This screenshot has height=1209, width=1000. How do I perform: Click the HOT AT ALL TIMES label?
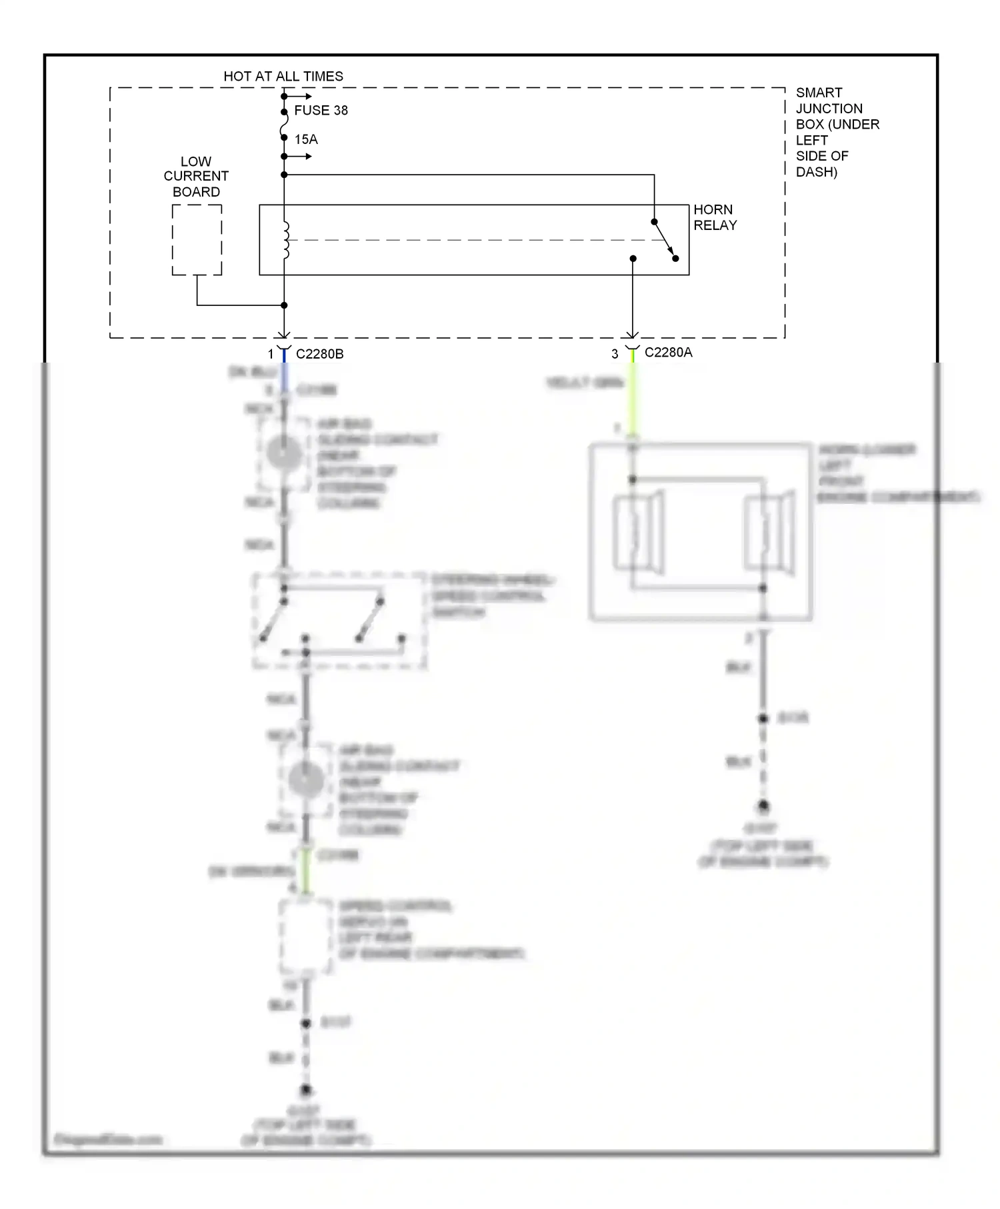[283, 77]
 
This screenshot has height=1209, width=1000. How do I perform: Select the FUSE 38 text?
[321, 111]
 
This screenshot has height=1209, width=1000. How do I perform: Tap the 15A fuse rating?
[306, 139]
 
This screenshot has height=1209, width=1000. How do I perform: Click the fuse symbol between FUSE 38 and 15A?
[284, 125]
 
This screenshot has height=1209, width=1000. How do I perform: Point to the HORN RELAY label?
[715, 218]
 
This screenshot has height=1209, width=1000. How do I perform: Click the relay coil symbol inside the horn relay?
[286, 240]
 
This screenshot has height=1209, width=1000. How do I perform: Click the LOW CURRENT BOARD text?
[196, 177]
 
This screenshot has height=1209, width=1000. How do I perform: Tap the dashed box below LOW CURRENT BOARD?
[197, 240]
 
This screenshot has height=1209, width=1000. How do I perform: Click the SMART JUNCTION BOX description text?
[837, 132]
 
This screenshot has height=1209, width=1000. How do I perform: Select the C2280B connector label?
[319, 355]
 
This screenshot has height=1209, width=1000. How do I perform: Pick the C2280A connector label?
[668, 353]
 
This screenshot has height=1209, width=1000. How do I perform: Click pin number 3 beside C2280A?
[615, 355]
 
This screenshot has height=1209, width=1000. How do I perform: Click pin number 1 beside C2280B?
[271, 355]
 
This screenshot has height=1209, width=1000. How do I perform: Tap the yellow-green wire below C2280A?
[632, 400]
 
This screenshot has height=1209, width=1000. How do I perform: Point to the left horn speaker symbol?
[639, 533]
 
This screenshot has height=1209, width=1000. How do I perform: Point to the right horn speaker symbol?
[770, 533]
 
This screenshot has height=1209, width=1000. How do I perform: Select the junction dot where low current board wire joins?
[284, 305]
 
